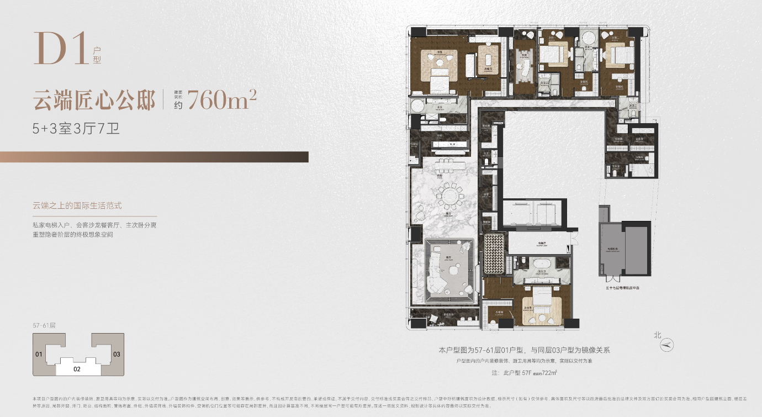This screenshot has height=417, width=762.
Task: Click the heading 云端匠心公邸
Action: tap(94, 100)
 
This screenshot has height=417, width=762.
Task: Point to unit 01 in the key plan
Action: tap(39, 353)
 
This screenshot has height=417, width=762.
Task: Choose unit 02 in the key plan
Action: tap(77, 369)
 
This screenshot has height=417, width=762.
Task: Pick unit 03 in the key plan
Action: tap(116, 353)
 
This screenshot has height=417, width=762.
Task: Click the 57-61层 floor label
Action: tap(45, 325)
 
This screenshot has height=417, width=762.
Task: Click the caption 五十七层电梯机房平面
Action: tap(624, 288)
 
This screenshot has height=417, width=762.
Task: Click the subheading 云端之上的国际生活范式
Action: tap(77, 205)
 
